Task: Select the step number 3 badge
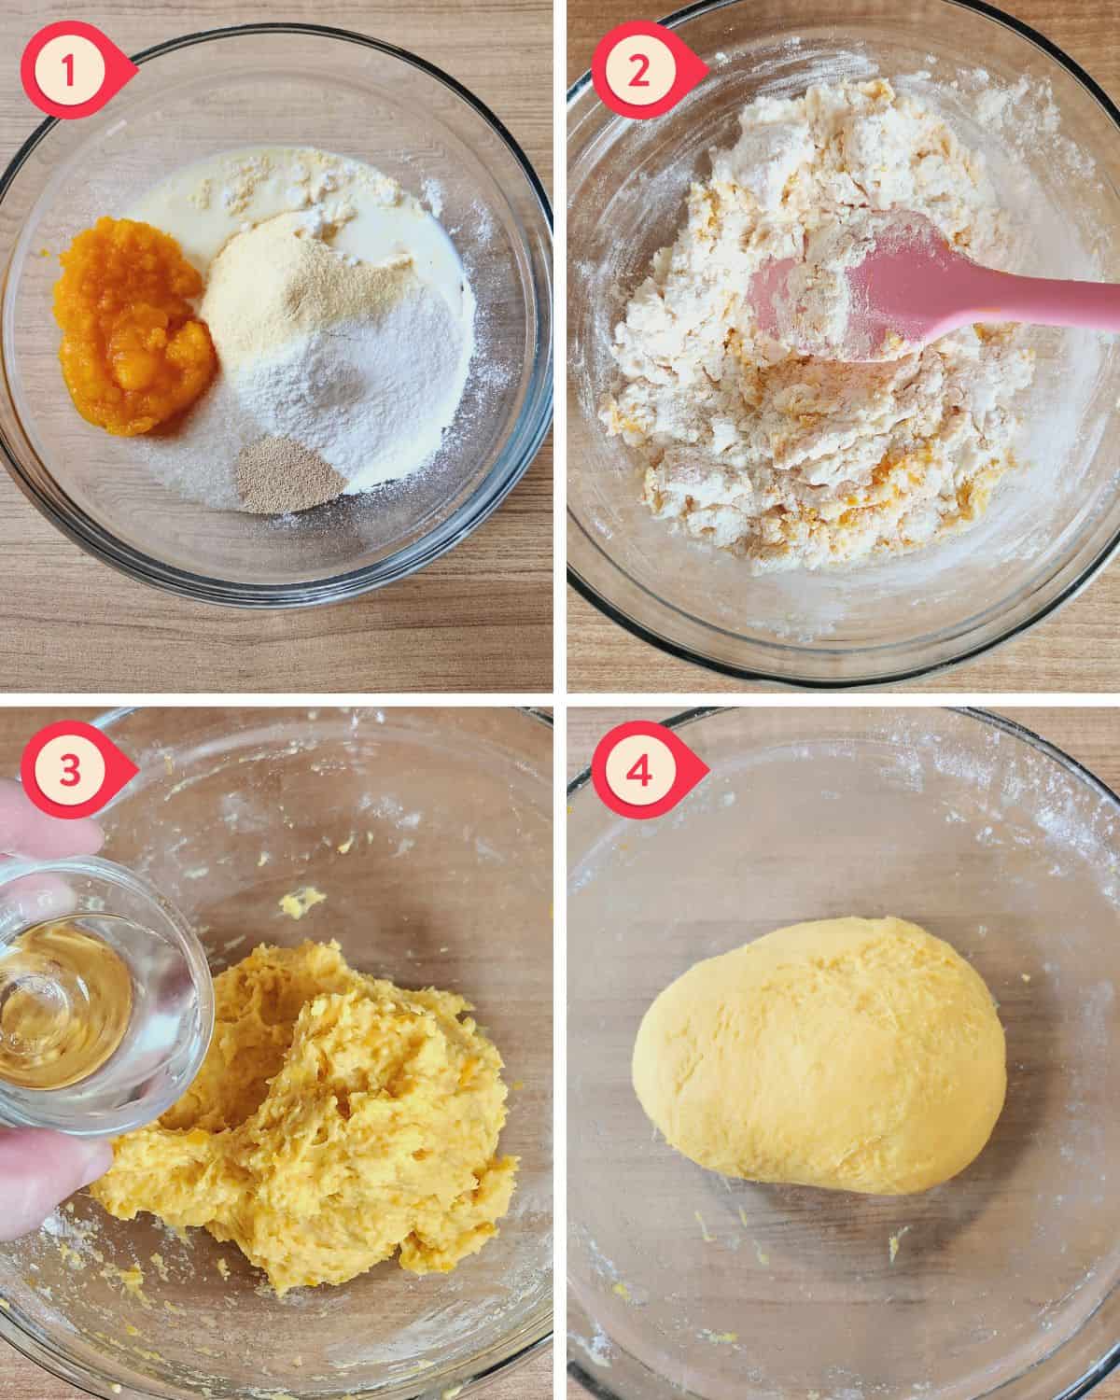[x=70, y=771]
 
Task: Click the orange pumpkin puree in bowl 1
[x=134, y=326]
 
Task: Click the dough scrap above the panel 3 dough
[x=301, y=901]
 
